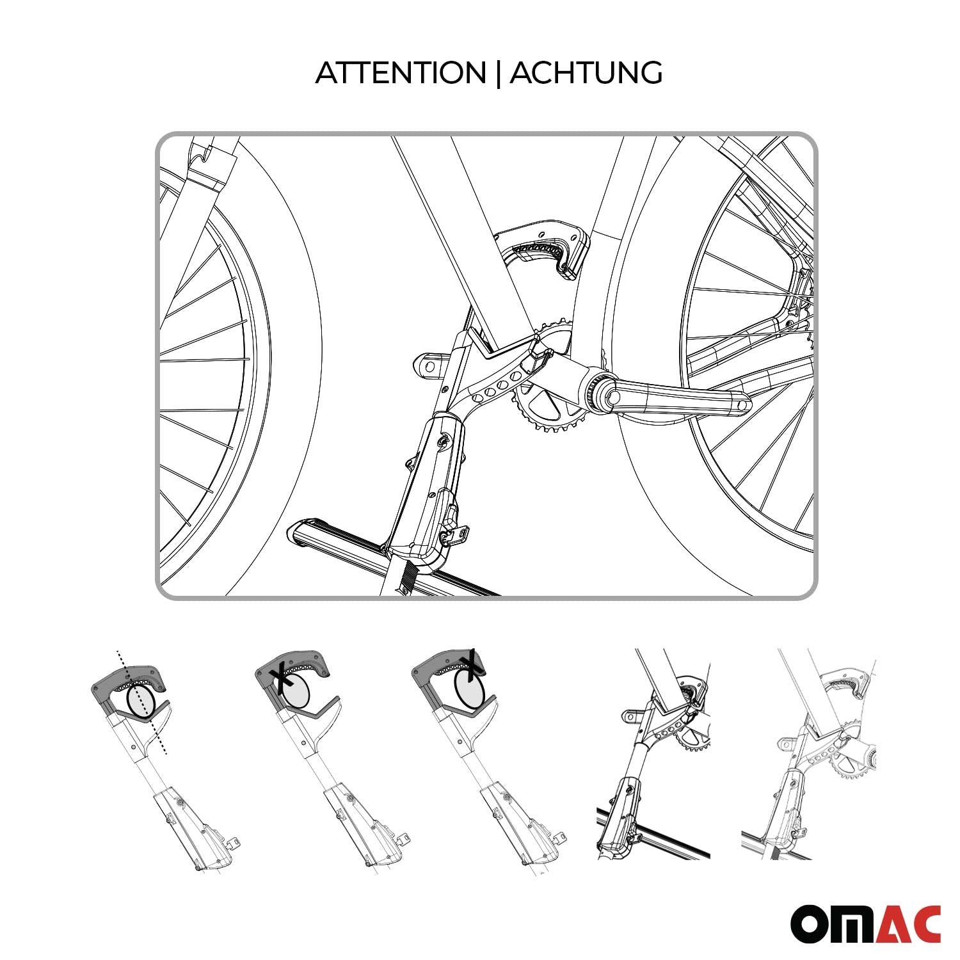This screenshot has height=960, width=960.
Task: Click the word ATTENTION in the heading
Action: pyautogui.click(x=401, y=73)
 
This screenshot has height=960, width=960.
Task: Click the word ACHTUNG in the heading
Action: pyautogui.click(x=586, y=73)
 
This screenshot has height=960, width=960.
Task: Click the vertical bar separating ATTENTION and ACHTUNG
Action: pyautogui.click(x=498, y=73)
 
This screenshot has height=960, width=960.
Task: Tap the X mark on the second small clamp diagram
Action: pyautogui.click(x=280, y=675)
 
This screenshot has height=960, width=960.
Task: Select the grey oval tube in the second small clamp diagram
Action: pyautogui.click(x=296, y=691)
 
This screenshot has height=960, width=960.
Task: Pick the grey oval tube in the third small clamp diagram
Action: pyautogui.click(x=468, y=690)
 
